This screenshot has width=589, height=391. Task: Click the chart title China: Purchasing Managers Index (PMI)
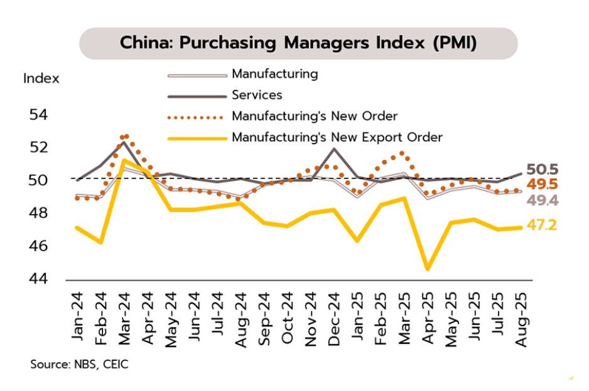point(298,43)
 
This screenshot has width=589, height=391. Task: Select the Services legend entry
point(257,95)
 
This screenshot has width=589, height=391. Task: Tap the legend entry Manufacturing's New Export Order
point(337,137)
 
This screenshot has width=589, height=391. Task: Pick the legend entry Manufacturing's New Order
point(315,116)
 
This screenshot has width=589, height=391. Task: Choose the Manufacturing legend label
point(274,74)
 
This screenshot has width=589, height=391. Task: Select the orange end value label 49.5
point(543,185)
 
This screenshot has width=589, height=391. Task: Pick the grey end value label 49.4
point(543,201)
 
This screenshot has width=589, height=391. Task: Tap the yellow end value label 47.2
point(543,225)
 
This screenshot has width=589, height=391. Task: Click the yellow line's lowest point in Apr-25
point(428,269)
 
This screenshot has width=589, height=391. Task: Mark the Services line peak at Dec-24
point(333,149)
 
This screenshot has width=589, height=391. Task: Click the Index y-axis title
point(41,79)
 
